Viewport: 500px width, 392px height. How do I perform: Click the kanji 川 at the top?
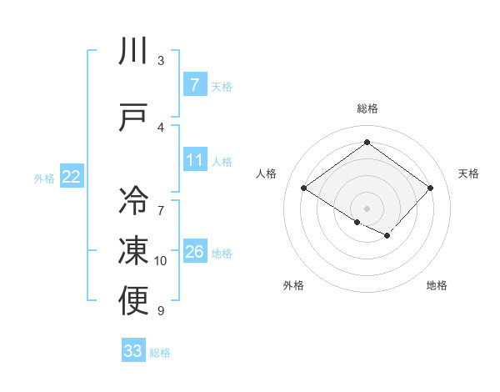(x=133, y=52)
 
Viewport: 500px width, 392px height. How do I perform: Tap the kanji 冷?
(x=133, y=200)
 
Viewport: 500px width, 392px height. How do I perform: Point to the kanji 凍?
(x=133, y=251)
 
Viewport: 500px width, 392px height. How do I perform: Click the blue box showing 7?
(x=194, y=84)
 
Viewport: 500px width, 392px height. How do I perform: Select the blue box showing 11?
(x=194, y=160)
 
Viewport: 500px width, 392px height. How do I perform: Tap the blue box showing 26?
(x=194, y=252)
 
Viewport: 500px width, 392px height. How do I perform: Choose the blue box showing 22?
(x=71, y=176)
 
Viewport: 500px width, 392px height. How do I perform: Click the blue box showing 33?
(x=133, y=351)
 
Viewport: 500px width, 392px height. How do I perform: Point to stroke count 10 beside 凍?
(x=161, y=261)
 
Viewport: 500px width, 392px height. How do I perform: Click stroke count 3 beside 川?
(x=161, y=61)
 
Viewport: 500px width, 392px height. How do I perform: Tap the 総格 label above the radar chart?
(x=367, y=108)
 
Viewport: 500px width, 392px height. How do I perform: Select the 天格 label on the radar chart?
(x=468, y=173)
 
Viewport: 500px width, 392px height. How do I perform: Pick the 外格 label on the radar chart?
(x=293, y=285)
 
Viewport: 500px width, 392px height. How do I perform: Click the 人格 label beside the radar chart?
(x=267, y=173)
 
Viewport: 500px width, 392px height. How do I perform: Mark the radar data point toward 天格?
(x=430, y=188)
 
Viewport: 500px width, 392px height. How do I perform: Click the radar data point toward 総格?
(x=367, y=143)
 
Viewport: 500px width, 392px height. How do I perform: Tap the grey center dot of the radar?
(x=367, y=207)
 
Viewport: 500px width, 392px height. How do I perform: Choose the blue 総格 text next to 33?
(x=160, y=353)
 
